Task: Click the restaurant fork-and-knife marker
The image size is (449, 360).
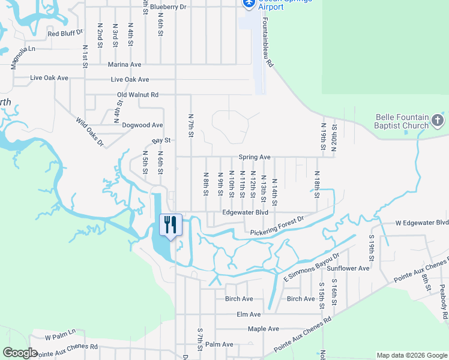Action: (x=170, y=225)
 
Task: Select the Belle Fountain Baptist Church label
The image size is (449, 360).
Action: (x=402, y=122)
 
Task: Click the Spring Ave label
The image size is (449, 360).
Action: (x=255, y=157)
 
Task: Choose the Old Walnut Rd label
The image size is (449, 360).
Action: (x=137, y=95)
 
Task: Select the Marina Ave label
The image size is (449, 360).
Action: (x=124, y=64)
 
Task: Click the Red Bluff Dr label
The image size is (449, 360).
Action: (x=65, y=34)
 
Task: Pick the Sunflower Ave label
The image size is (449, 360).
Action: (x=352, y=268)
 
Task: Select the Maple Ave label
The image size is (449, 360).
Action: (x=264, y=329)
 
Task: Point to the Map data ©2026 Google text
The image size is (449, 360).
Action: (x=411, y=355)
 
